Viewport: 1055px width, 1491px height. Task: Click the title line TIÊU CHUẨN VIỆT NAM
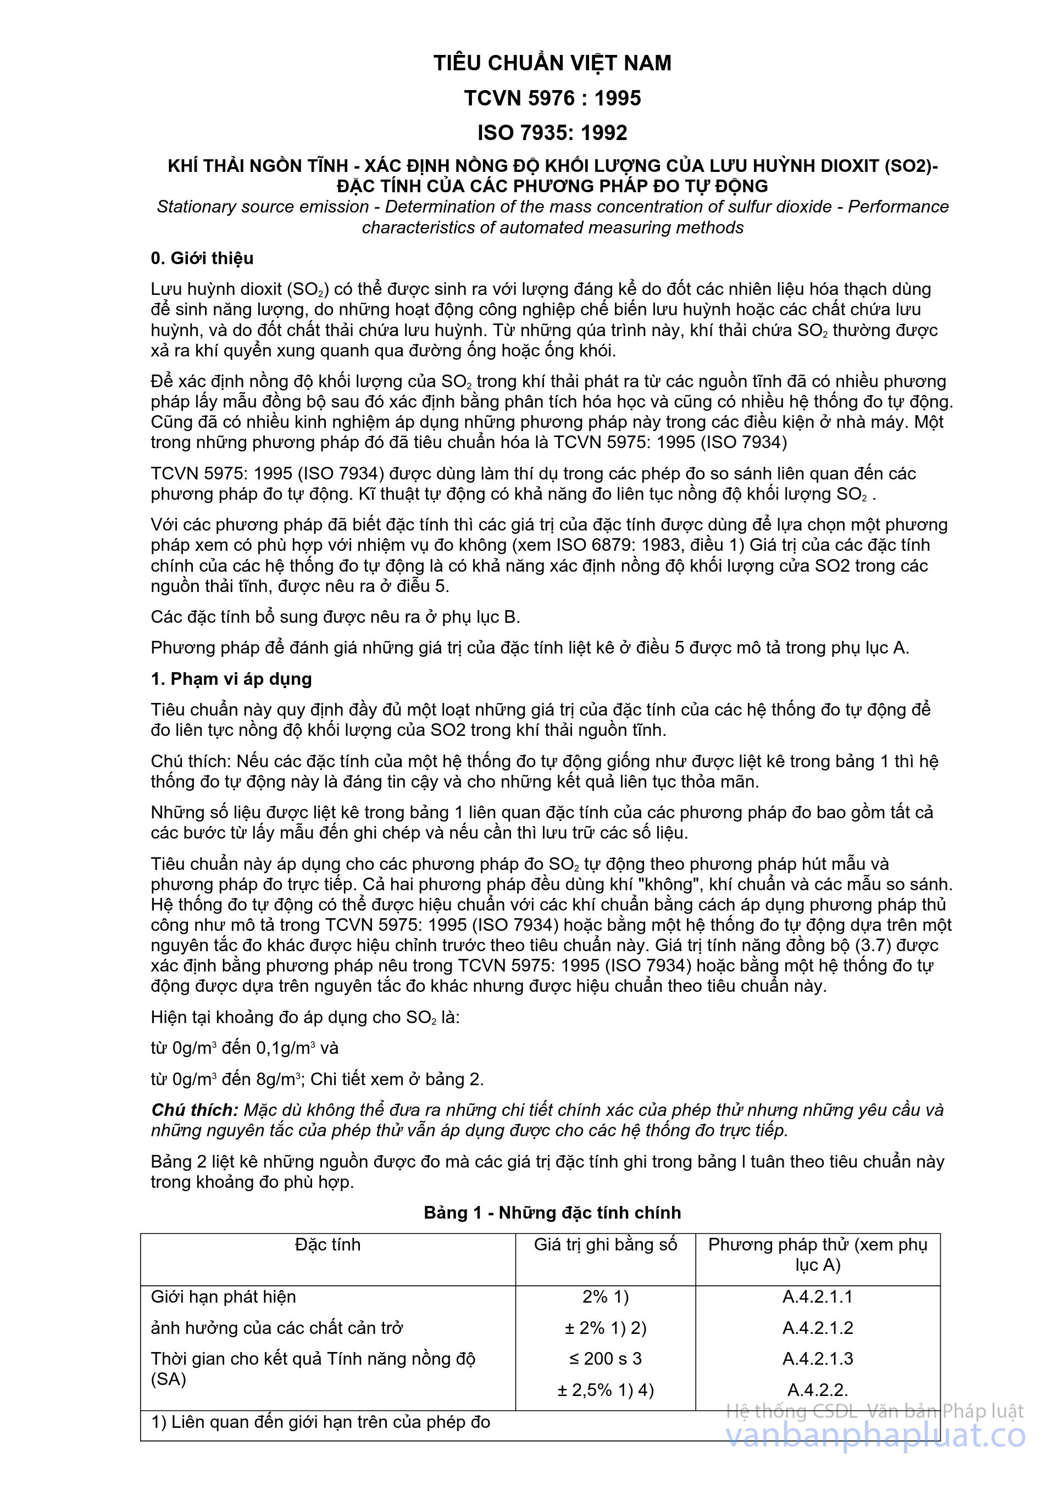coord(552,63)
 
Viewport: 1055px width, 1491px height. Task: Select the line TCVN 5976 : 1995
coord(552,98)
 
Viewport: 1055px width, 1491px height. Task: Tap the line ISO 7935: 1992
coord(552,132)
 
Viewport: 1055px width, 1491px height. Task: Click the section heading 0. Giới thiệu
coord(202,259)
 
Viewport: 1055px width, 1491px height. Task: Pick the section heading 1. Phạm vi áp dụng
coord(231,679)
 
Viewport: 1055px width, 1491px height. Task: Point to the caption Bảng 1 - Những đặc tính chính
coord(552,1213)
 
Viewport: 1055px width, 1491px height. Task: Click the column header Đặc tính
coord(327,1244)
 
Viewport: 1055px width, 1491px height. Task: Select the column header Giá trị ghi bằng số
coord(606,1244)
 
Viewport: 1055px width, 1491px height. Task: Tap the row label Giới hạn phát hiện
coord(223,1296)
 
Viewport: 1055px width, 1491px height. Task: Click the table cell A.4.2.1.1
coord(817,1296)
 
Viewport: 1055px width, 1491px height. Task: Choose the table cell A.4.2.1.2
coord(817,1327)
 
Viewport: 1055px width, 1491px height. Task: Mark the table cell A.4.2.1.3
coord(817,1359)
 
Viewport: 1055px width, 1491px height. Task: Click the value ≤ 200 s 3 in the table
coord(606,1359)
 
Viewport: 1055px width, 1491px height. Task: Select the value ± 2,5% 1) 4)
coord(606,1390)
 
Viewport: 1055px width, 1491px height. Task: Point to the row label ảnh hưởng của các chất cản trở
coord(277,1327)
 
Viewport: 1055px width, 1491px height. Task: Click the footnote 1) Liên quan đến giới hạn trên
coord(320,1422)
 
